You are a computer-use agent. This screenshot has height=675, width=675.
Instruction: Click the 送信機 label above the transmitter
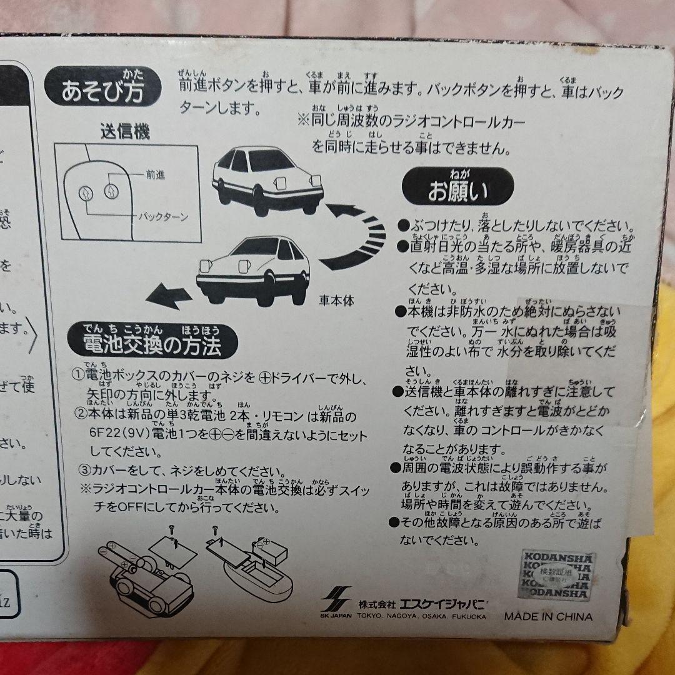[x=125, y=132]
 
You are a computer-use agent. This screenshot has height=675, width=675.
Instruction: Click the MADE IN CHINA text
[x=548, y=616]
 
